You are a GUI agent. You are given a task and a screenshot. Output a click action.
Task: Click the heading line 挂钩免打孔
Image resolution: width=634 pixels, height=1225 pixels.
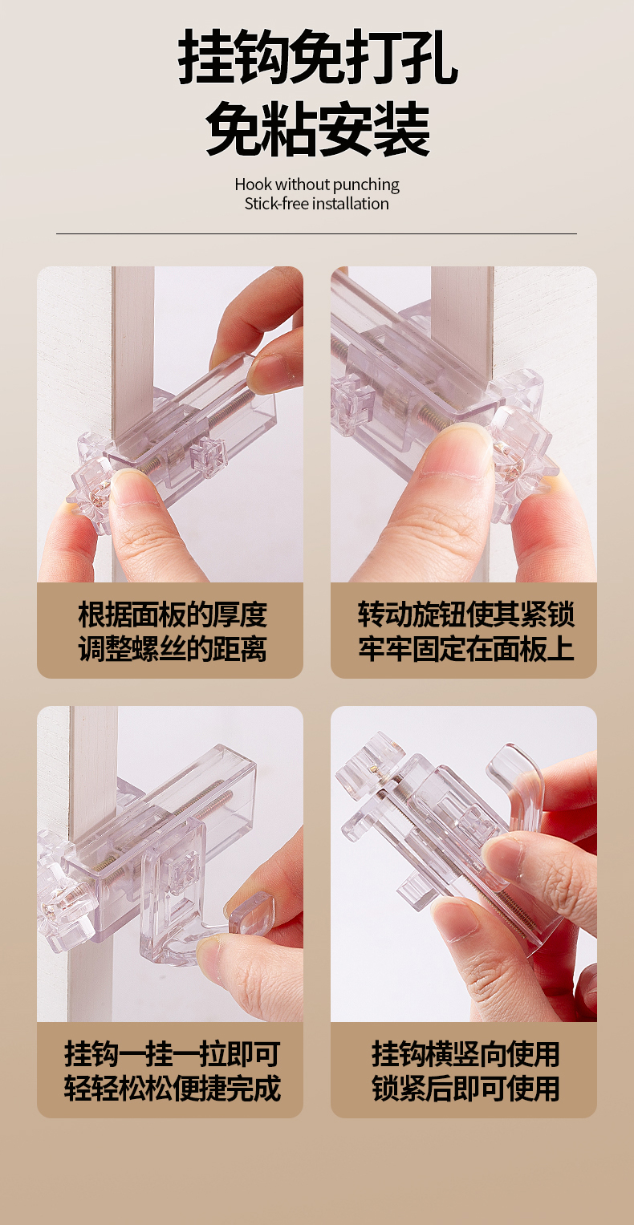pyautogui.click(x=317, y=58)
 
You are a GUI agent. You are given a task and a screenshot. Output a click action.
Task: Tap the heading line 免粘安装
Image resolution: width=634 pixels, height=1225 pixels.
pyautogui.click(x=317, y=129)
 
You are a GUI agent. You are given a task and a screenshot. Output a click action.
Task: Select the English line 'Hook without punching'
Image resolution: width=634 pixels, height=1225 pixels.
pyautogui.click(x=317, y=185)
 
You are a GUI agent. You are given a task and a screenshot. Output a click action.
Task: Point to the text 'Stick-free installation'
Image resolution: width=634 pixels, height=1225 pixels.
pyautogui.click(x=317, y=204)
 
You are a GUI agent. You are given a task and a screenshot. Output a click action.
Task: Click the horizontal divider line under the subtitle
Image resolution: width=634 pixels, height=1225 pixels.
pyautogui.click(x=316, y=233)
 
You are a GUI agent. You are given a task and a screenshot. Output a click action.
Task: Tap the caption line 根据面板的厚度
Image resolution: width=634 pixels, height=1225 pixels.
pyautogui.click(x=173, y=615)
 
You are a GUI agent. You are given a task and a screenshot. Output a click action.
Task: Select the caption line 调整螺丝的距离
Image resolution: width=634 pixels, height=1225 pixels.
pyautogui.click(x=173, y=649)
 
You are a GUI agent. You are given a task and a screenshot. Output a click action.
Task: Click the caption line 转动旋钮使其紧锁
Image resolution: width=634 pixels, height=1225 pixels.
pyautogui.click(x=466, y=615)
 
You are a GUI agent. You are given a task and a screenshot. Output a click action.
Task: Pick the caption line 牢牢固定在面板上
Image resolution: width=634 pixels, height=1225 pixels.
pyautogui.click(x=466, y=649)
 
